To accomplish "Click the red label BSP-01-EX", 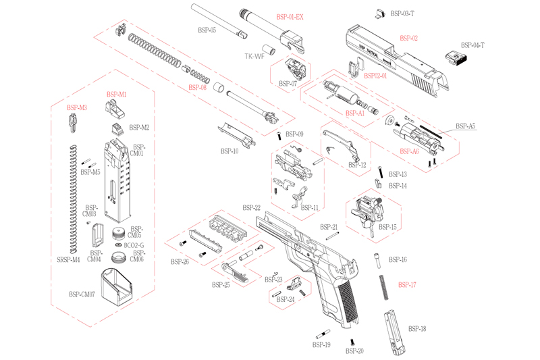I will click(290, 16).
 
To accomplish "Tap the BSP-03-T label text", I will click(403, 14).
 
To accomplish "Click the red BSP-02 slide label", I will click(409, 38).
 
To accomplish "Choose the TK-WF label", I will click(254, 57).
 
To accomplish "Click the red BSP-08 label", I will click(198, 88).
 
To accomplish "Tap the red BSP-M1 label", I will click(117, 95).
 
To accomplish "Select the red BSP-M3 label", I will click(77, 108).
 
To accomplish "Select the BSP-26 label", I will click(180, 261).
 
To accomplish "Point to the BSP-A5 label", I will click(465, 126).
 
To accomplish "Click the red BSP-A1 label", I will click(355, 113).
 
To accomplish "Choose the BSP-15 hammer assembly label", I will click(388, 227).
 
